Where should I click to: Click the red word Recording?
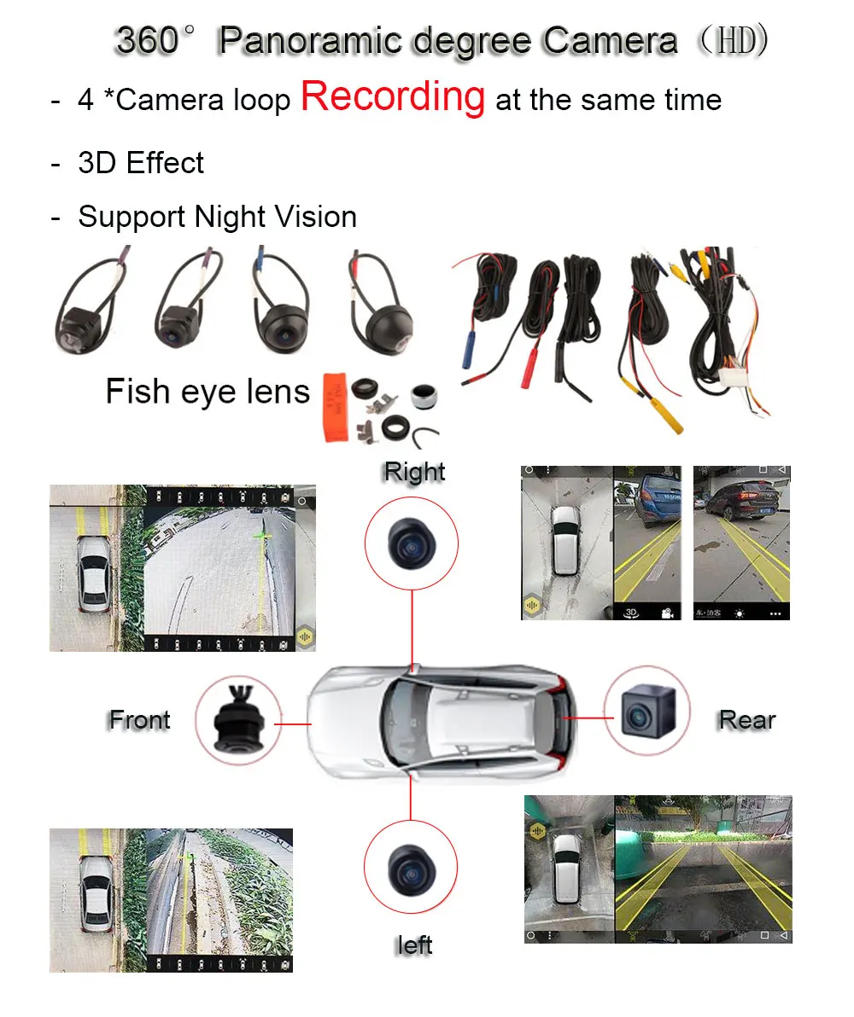coord(393,97)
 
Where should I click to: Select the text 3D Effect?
coord(141,163)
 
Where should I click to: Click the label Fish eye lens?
coord(207,392)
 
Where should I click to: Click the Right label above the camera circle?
coord(414,471)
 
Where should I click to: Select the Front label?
coord(139,720)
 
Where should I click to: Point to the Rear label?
coord(746,720)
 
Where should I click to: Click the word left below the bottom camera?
coord(414,945)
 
